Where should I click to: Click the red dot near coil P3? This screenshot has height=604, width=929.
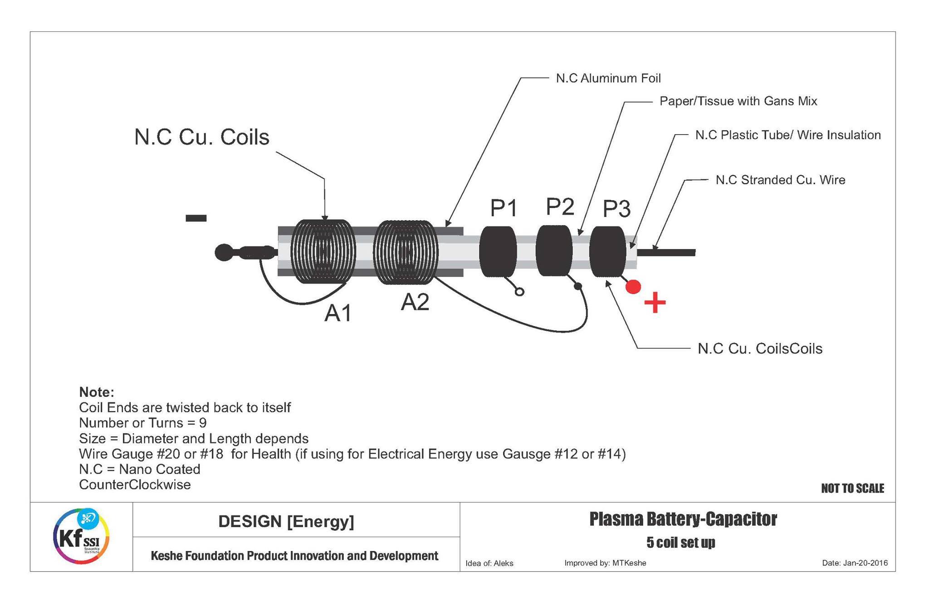[x=633, y=287]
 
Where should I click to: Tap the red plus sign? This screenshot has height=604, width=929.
[x=655, y=303]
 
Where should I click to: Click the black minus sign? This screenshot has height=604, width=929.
[x=196, y=218]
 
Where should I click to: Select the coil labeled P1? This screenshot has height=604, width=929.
[x=498, y=251]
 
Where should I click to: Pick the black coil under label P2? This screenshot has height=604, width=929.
[x=553, y=251]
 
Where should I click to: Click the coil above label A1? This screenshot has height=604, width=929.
[x=323, y=252]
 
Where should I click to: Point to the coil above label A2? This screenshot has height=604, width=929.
[x=405, y=252]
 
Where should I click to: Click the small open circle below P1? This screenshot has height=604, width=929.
[x=520, y=292]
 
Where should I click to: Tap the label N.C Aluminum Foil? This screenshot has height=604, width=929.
[x=608, y=78]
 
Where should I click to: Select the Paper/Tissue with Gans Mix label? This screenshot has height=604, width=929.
[x=738, y=101]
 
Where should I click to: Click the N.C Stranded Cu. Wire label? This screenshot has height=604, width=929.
[x=780, y=180]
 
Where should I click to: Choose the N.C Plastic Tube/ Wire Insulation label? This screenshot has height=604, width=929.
[x=787, y=135]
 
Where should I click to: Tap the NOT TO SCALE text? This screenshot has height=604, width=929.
[x=852, y=488]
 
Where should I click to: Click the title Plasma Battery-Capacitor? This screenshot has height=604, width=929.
[x=683, y=519]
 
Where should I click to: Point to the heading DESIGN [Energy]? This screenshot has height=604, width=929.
[x=286, y=522]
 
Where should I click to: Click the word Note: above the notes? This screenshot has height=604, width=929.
[x=96, y=392]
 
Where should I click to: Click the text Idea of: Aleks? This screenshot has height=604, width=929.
[x=489, y=563]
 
